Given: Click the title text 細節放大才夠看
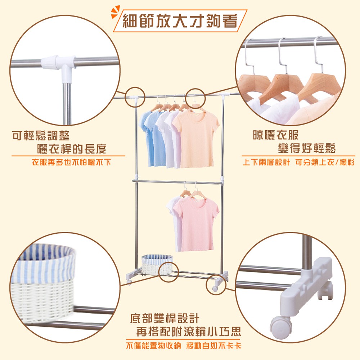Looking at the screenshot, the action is tap(180, 21).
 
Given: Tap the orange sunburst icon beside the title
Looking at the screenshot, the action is tap(115, 12).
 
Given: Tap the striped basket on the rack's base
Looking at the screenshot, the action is tap(157, 264).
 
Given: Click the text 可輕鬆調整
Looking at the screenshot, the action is tap(41, 136).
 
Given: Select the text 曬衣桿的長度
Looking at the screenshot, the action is tap(72, 149).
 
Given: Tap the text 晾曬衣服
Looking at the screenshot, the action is tap(275, 135).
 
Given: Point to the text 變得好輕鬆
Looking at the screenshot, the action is tap(307, 148).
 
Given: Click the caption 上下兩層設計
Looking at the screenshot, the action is tap(266, 162).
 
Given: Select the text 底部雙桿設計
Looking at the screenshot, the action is tap(165, 318).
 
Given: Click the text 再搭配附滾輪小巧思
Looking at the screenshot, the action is tap(189, 332).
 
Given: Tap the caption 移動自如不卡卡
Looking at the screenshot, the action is tap(214, 345).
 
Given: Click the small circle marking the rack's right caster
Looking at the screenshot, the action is tap(216, 284).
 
